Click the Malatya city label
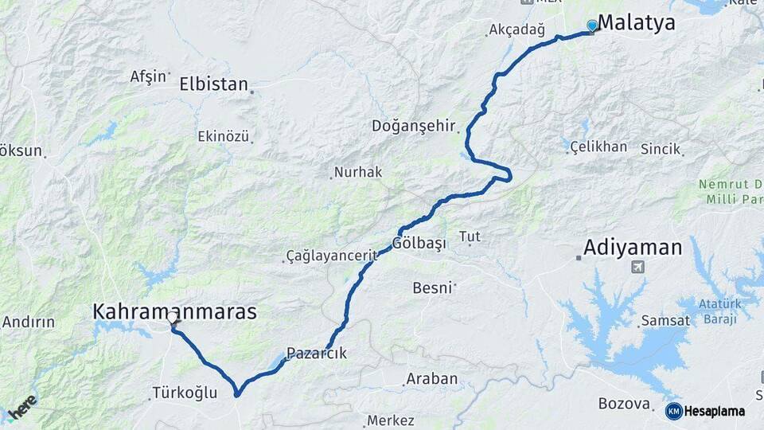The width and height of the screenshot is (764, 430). [x=636, y=23]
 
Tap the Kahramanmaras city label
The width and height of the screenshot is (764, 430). [x=175, y=311]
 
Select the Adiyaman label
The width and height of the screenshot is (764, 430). [x=633, y=248]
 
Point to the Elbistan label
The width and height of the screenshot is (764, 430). [x=213, y=84]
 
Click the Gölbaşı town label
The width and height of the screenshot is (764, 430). [x=420, y=243]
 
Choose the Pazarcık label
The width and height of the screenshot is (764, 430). [x=316, y=354]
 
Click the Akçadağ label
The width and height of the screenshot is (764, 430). [x=517, y=31]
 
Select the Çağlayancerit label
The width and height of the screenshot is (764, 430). [x=330, y=256]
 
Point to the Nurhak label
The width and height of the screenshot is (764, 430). [x=358, y=172]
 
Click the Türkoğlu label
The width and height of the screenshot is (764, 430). [x=184, y=393]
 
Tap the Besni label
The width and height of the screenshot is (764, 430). [x=432, y=287]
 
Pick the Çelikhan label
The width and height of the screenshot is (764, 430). [x=598, y=147]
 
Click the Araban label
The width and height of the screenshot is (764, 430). [x=432, y=379]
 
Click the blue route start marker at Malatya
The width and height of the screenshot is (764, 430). [x=591, y=25]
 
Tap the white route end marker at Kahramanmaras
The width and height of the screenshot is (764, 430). [x=172, y=319]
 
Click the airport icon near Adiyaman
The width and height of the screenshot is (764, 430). [x=637, y=267]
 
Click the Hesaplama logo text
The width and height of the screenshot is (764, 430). [x=714, y=412]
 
